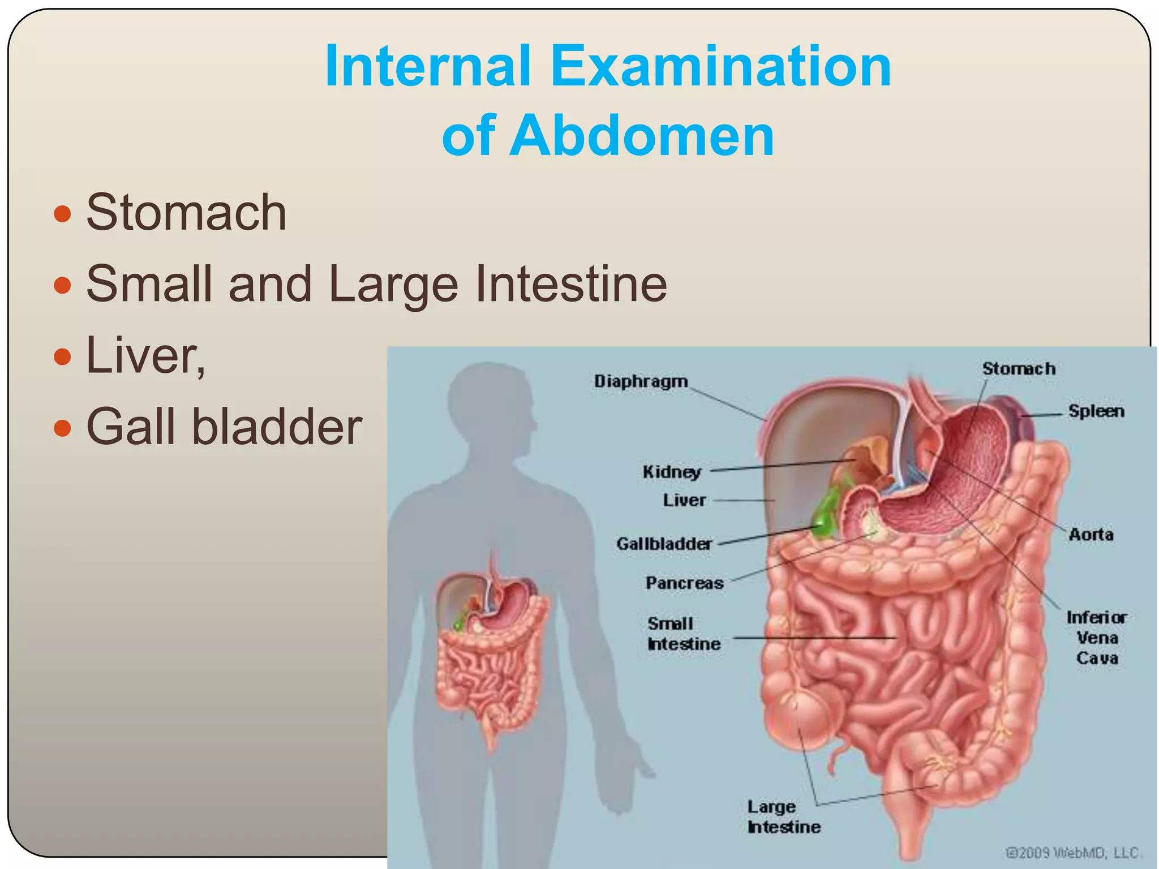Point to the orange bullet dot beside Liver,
(62, 356)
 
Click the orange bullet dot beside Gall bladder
(62, 428)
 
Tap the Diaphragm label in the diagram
(641, 382)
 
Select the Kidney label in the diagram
(672, 472)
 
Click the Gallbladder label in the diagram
(664, 544)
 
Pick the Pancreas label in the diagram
(684, 583)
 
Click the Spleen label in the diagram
(1096, 411)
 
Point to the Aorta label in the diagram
(1091, 535)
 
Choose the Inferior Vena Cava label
(1096, 638)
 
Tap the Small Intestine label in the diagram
(684, 634)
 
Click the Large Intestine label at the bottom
(783, 817)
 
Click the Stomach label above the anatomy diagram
(1019, 369)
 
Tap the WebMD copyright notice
(1072, 853)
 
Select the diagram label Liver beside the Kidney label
(684, 501)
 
